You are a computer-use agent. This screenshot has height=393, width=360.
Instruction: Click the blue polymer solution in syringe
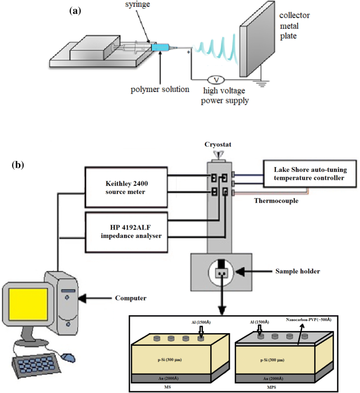(159, 48)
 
